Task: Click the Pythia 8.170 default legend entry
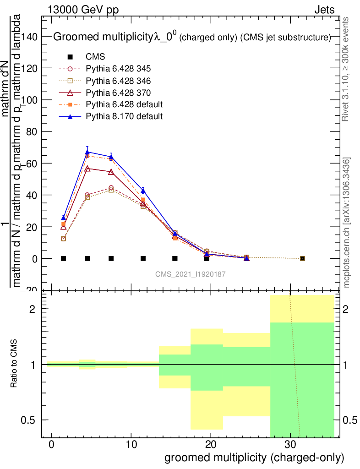pyautogui.click(x=124, y=116)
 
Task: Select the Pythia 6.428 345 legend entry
pyautogui.click(x=118, y=69)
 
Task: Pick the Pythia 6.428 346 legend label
pyautogui.click(x=118, y=81)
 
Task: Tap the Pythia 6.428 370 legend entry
pyautogui.click(x=118, y=93)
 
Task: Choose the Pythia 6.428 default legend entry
pyautogui.click(x=124, y=104)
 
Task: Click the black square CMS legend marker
pyautogui.click(x=70, y=57)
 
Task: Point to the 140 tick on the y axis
pyautogui.click(x=32, y=36)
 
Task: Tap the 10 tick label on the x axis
pyautogui.click(x=131, y=444)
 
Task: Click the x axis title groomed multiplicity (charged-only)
pyautogui.click(x=254, y=458)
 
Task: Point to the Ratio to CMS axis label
pyautogui.click(x=14, y=365)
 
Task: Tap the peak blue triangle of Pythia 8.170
pyautogui.click(x=87, y=152)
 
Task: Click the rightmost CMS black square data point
pyautogui.click(x=302, y=259)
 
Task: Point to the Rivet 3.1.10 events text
pyautogui.click(x=347, y=69)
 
